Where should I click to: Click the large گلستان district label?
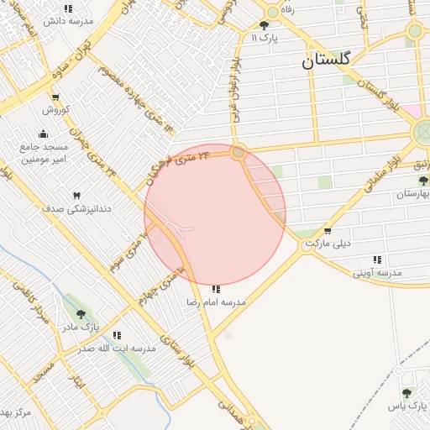pos(328,61)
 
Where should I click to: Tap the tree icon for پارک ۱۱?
pos(265,25)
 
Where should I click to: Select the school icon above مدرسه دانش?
pos(68,8)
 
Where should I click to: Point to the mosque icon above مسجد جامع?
pos(44,134)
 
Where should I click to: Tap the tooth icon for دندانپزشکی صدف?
pos(78,194)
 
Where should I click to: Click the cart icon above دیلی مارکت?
pos(327,231)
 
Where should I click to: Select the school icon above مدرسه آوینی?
pos(377,260)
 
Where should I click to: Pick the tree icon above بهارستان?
pos(422,181)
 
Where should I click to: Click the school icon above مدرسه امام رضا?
pos(216,289)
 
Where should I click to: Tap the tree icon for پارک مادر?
pos(81,314)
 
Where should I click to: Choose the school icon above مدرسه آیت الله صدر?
pos(117,335)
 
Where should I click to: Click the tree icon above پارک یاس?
pos(406,393)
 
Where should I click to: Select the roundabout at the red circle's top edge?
pos(239,153)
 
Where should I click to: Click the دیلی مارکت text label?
pos(326,244)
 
